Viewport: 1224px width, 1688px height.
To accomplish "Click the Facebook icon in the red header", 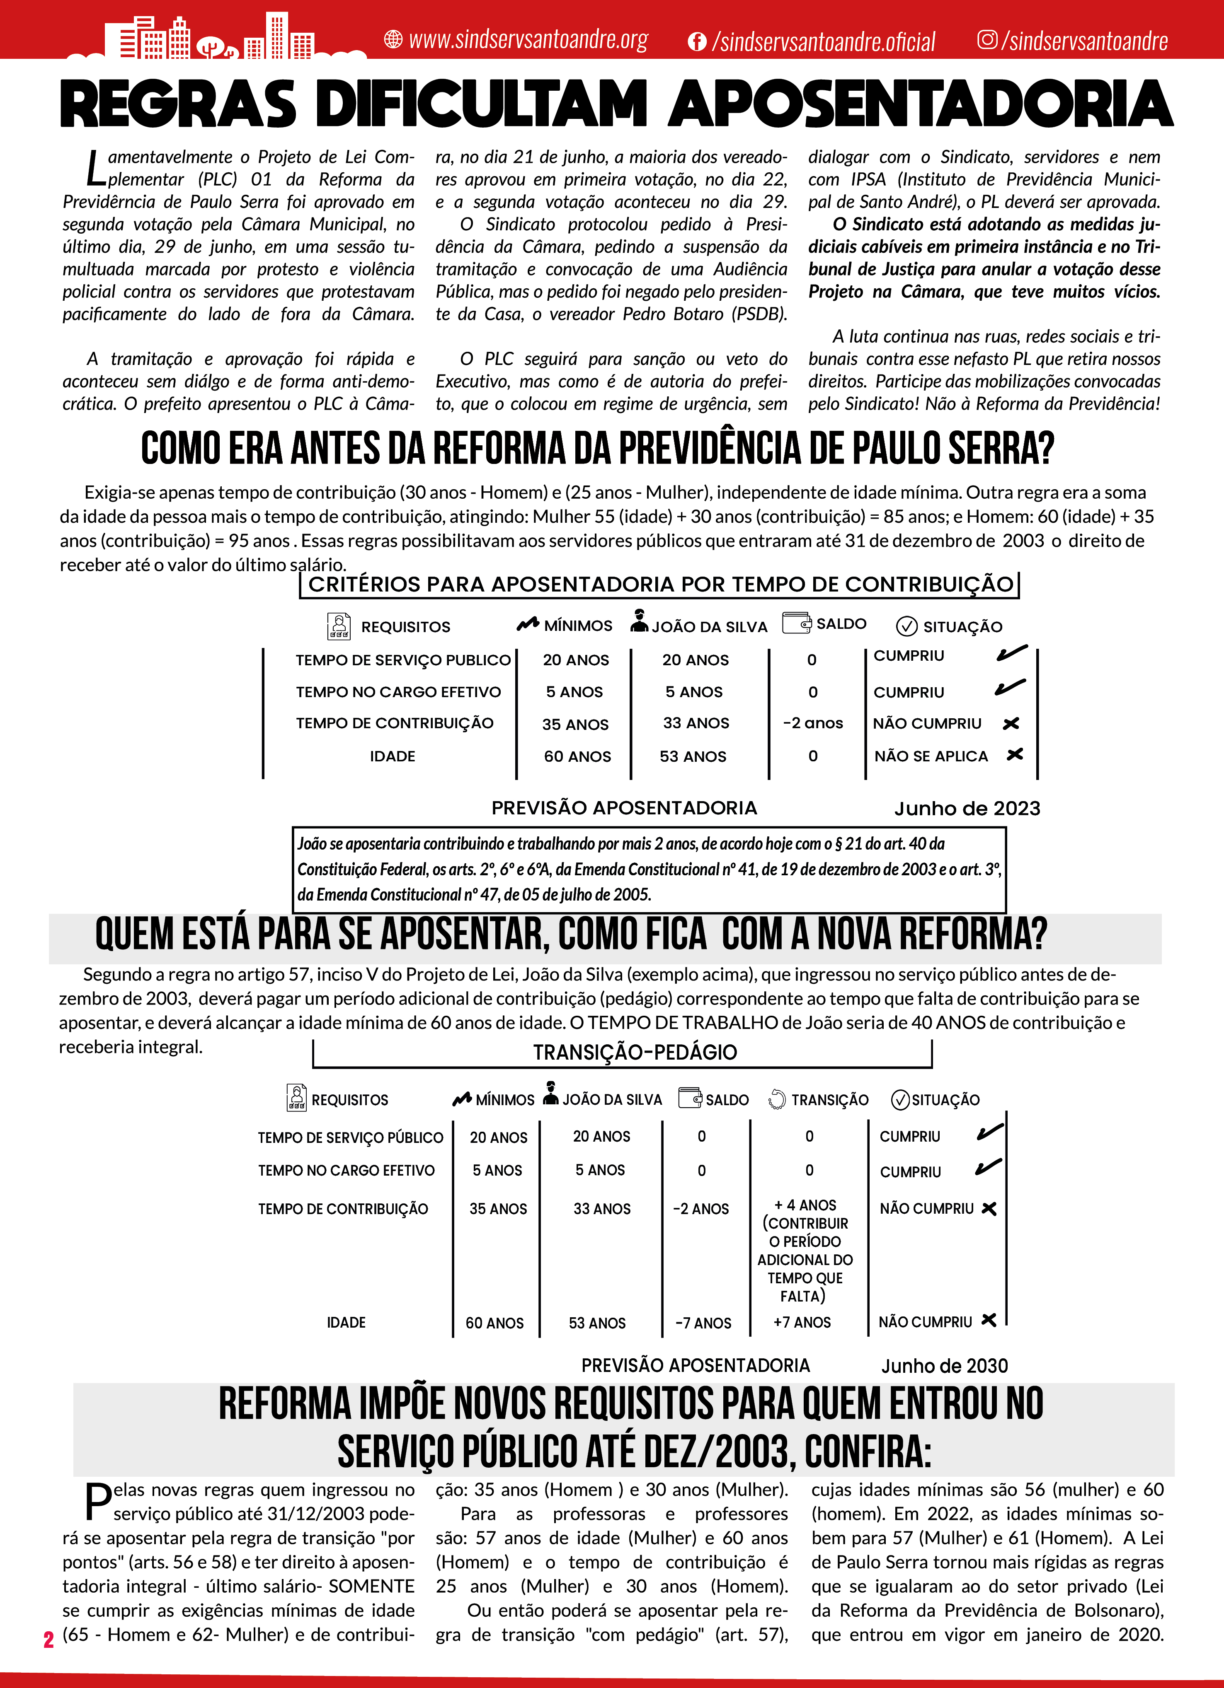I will pyautogui.click(x=697, y=42).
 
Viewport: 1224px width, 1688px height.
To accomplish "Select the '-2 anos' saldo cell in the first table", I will pyautogui.click(x=812, y=723).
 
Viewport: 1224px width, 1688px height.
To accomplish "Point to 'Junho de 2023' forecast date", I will pyautogui.click(x=967, y=808).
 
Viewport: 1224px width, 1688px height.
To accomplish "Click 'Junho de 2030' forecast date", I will pyautogui.click(x=944, y=1366).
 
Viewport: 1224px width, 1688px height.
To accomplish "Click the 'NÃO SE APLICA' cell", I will pyautogui.click(x=931, y=756).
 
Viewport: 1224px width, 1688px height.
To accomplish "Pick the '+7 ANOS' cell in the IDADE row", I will pyautogui.click(x=802, y=1323).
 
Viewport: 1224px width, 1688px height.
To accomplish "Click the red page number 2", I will pyautogui.click(x=48, y=1640).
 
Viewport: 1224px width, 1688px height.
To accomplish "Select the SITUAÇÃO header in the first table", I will pyautogui.click(x=962, y=627).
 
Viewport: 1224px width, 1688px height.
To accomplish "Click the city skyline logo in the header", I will pyautogui.click(x=216, y=37).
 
